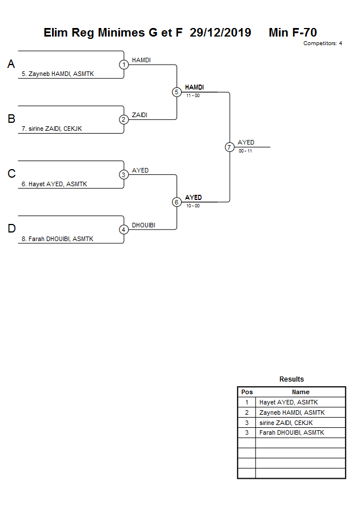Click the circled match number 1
click(x=124, y=65)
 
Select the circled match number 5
click(x=177, y=92)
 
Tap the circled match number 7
click(x=230, y=147)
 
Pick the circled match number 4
click(x=124, y=230)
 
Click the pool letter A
click(x=11, y=65)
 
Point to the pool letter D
click(x=11, y=229)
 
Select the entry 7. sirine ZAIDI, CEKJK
click(x=51, y=129)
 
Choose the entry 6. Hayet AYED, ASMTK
click(x=54, y=184)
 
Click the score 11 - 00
click(x=193, y=95)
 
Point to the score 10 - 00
click(x=193, y=206)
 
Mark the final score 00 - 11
click(x=245, y=151)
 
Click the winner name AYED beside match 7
click(x=246, y=142)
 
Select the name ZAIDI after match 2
click(x=140, y=115)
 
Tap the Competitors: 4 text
click(x=322, y=43)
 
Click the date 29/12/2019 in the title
click(x=221, y=33)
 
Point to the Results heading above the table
click(x=291, y=379)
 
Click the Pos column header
click(x=247, y=392)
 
